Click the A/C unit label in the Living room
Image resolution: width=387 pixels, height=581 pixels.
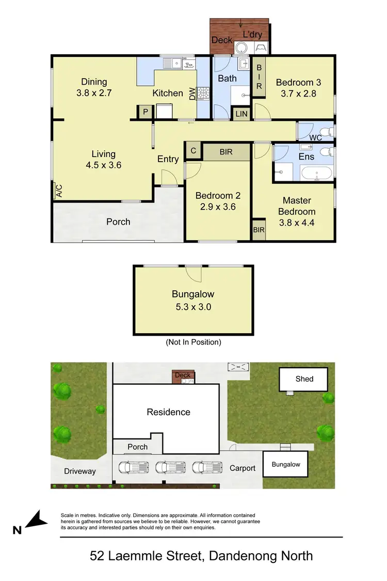tap(58, 191)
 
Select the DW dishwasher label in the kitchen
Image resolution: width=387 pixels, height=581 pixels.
tap(192, 94)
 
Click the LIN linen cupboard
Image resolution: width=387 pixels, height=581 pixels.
tap(241, 114)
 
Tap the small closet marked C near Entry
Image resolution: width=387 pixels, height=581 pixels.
tap(193, 151)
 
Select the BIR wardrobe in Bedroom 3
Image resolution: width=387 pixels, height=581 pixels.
tap(259, 76)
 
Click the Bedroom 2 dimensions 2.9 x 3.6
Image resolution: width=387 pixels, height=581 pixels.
tap(217, 207)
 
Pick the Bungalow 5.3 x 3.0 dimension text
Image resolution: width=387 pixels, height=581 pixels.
tap(192, 306)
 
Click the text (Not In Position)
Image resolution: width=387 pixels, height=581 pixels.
tap(193, 342)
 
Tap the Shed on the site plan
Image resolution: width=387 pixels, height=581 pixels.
tap(304, 379)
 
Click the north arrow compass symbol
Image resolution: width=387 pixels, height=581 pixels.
tap(33, 520)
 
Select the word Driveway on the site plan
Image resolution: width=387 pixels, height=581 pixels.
tap(80, 471)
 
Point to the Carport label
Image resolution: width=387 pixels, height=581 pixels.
tap(242, 468)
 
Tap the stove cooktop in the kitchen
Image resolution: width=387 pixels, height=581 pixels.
tap(203, 93)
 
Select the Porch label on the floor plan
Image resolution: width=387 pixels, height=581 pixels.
tap(118, 222)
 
